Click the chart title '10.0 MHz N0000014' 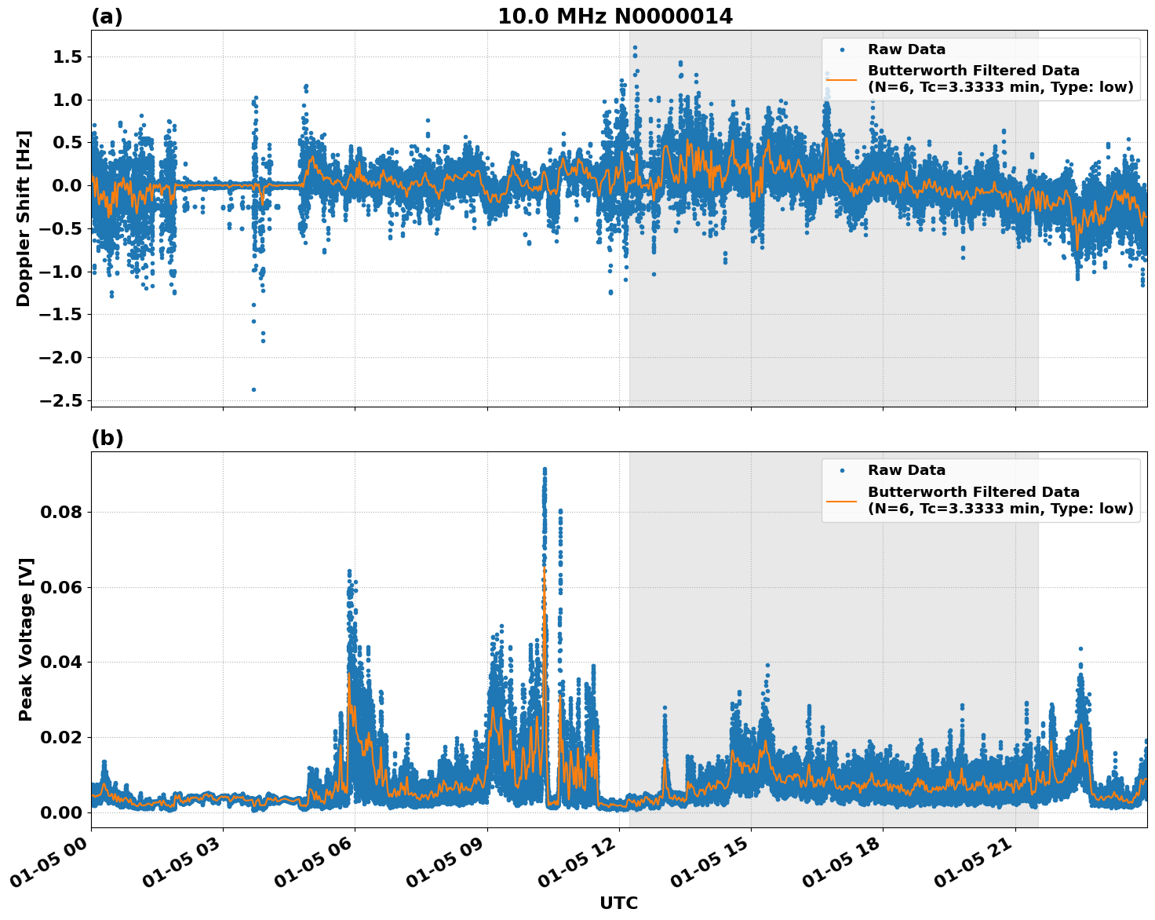[x=614, y=16]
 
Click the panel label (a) [x=107, y=16]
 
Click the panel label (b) [x=107, y=438]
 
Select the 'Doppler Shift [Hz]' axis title [x=24, y=218]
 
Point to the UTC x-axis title [x=618, y=903]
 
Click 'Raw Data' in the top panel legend [x=906, y=49]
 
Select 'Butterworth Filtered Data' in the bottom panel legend [x=973, y=492]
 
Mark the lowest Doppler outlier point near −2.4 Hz [x=253, y=389]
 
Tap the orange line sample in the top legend [x=842, y=79]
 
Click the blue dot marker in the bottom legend [x=842, y=470]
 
